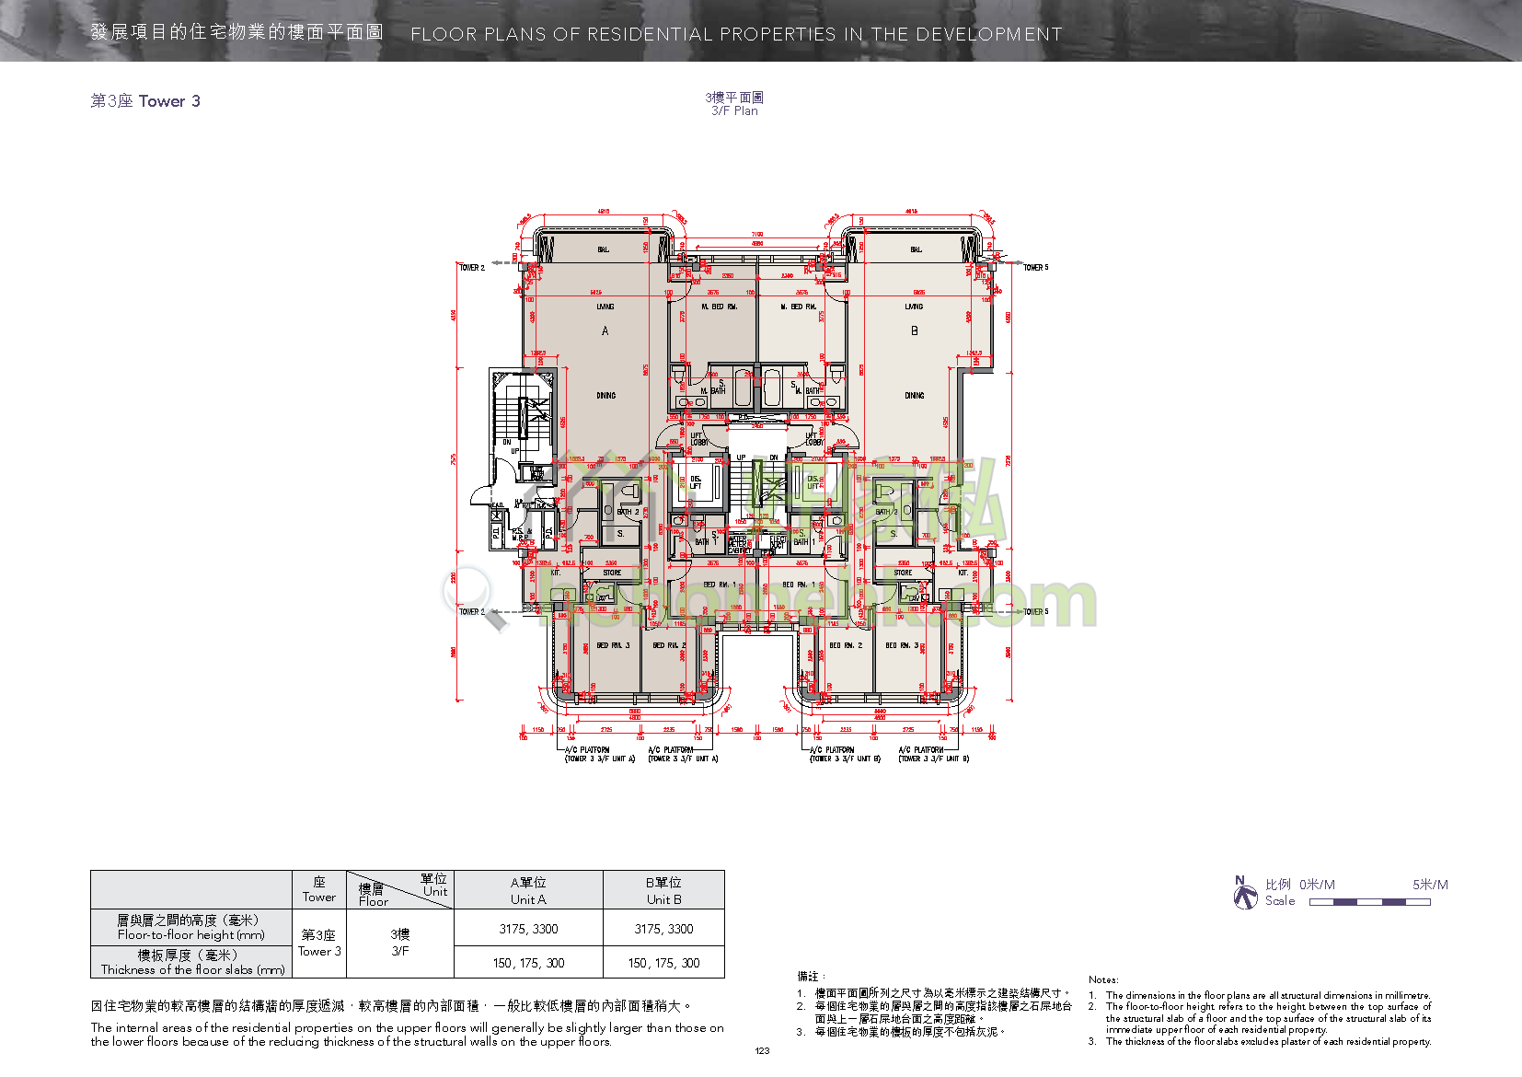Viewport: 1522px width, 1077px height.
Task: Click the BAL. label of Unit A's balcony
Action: [604, 249]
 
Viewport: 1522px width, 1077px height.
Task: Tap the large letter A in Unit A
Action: [605, 330]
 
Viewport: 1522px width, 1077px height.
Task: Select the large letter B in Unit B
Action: [914, 330]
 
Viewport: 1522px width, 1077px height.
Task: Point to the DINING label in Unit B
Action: [914, 396]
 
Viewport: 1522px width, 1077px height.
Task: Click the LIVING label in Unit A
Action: [605, 307]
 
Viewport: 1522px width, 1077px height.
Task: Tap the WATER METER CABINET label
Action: [739, 544]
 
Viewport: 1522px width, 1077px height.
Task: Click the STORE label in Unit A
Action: [612, 573]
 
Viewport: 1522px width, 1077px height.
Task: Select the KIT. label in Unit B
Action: [963, 573]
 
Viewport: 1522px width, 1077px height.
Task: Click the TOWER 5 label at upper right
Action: [1035, 268]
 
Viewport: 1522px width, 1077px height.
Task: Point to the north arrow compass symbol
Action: [1245, 893]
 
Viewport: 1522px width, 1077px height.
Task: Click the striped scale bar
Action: [1369, 902]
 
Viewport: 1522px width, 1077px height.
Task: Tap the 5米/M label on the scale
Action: [1430, 885]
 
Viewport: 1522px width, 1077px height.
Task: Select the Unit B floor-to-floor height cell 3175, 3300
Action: [663, 929]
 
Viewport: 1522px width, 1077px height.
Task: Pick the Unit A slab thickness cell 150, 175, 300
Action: [528, 963]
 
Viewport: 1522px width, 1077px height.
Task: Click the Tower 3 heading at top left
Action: [145, 101]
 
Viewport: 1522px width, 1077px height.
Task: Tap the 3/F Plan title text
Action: [734, 111]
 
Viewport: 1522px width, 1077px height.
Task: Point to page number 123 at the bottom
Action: [762, 1051]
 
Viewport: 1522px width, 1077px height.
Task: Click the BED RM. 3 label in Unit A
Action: [613, 645]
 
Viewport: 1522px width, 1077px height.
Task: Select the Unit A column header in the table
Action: [528, 891]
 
